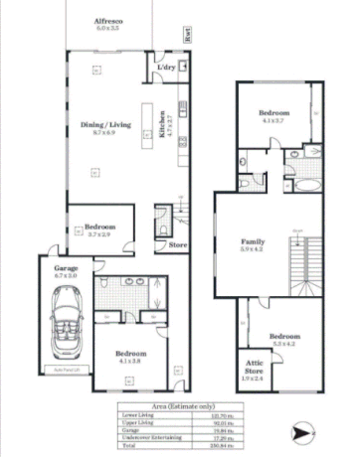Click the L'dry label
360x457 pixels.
point(165,67)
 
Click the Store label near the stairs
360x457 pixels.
point(178,243)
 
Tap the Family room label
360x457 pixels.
point(254,241)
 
